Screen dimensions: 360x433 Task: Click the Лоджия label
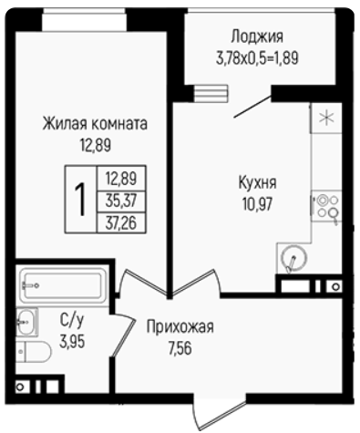coord(257,36)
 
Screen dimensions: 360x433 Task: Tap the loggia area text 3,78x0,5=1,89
coord(257,58)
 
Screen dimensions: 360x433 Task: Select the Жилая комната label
coord(95,124)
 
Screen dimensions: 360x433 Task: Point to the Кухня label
coord(257,183)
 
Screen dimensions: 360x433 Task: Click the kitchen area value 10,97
coord(257,203)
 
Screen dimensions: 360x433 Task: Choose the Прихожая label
coord(180,327)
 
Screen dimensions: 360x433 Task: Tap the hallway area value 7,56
coord(180,348)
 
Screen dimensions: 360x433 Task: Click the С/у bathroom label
coord(71,321)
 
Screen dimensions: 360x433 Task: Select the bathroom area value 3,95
coord(72,342)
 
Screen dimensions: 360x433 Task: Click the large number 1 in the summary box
coord(80,200)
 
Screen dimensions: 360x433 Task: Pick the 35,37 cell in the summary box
coord(121,201)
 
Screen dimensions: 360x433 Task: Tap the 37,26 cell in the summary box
coord(121,223)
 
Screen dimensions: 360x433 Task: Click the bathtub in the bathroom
coord(63,285)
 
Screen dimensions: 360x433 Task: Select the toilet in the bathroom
coord(34,352)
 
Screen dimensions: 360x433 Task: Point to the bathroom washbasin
coord(26,321)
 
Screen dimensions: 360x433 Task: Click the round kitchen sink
coord(294,258)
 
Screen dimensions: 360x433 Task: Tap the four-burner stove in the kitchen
coord(326,206)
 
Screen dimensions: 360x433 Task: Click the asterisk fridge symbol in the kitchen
coord(326,119)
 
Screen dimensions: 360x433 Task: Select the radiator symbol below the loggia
coord(211,93)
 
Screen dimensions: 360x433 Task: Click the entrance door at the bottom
coord(221,413)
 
